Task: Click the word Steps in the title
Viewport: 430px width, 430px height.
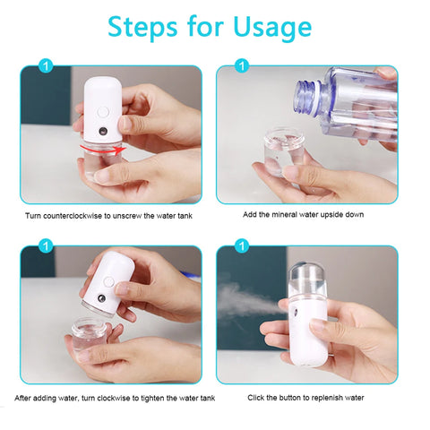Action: click(x=145, y=28)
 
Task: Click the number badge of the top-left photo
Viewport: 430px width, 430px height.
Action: click(x=47, y=65)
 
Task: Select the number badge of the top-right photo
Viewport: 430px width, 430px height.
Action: click(x=241, y=65)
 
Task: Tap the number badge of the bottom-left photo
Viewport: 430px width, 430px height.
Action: click(x=47, y=245)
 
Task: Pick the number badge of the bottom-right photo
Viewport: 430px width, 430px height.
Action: click(x=241, y=245)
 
